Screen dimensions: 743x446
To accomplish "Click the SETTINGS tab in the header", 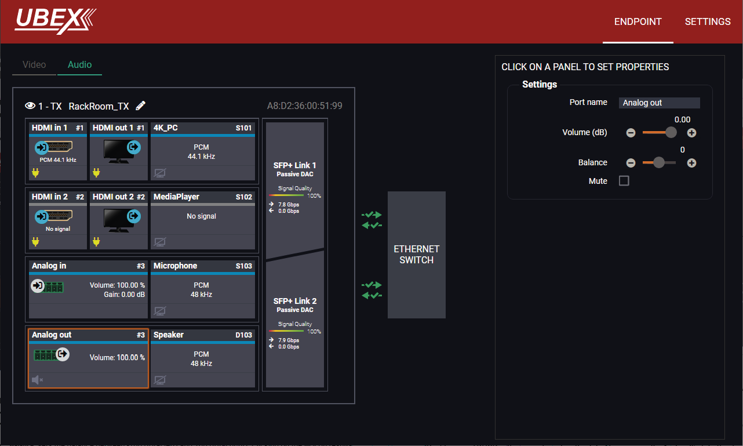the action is pos(708,21).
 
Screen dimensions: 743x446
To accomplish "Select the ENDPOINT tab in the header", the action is pos(638,21).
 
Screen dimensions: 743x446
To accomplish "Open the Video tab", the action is pos(34,64).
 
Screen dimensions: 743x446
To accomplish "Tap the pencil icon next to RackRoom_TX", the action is pos(141,106).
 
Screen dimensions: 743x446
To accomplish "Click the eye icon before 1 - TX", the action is pos(30,106).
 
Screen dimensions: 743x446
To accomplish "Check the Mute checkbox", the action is pos(624,181).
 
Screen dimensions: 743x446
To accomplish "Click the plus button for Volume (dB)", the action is pos(691,133).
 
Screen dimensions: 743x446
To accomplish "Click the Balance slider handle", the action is pos(659,162).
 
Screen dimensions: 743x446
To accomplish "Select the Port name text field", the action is pos(660,103).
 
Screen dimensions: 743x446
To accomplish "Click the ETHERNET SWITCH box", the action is pos(417,255).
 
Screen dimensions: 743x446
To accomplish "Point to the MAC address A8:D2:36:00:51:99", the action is pos(304,106).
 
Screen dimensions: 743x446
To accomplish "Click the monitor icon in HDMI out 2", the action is pos(118,220).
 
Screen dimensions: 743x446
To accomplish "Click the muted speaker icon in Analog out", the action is pos(37,380).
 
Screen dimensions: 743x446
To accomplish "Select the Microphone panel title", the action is pos(175,266).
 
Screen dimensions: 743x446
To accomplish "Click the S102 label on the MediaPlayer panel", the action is pos(244,197).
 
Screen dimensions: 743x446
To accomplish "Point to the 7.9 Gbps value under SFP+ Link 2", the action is pos(289,340).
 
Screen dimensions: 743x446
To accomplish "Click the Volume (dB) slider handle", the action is pos(671,132).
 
